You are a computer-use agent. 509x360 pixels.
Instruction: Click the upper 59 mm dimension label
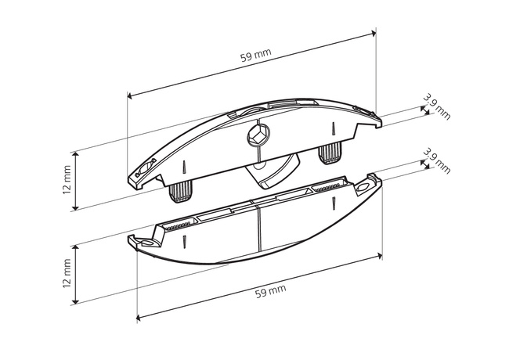click(256, 56)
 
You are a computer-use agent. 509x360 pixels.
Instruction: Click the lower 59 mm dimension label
click(271, 291)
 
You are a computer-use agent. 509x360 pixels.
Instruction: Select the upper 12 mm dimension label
click(67, 180)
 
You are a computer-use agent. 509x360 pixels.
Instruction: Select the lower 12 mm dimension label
click(67, 273)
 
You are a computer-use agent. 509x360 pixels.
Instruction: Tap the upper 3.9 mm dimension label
click(437, 107)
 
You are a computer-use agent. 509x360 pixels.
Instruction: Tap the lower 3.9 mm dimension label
click(437, 161)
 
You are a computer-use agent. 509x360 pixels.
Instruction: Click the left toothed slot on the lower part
click(178, 224)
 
